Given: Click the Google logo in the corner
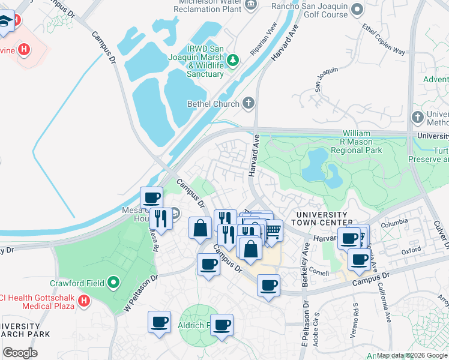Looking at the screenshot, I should pyautogui.click(x=20, y=353).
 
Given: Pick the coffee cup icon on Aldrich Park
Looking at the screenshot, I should pyautogui.click(x=221, y=325).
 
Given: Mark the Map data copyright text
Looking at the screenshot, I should pyautogui.click(x=412, y=355).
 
